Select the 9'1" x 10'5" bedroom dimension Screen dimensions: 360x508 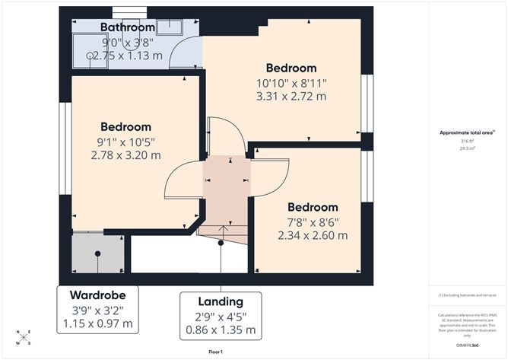click(x=125, y=142)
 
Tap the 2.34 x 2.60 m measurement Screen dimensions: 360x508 click(x=312, y=235)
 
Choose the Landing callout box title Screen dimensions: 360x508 click(x=221, y=301)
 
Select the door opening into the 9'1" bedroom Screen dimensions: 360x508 click(x=183, y=183)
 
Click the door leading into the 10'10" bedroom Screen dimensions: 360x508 click(x=226, y=137)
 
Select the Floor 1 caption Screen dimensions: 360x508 click(x=218, y=352)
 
